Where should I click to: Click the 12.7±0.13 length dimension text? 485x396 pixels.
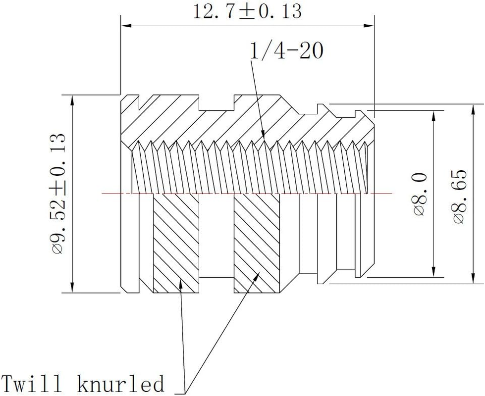click(x=247, y=11)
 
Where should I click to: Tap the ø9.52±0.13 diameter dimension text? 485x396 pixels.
click(x=59, y=193)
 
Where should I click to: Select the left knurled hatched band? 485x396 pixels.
click(x=175, y=242)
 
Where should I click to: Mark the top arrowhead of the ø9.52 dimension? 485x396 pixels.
click(x=73, y=99)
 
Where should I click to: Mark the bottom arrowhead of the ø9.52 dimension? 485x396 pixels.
click(x=73, y=288)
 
